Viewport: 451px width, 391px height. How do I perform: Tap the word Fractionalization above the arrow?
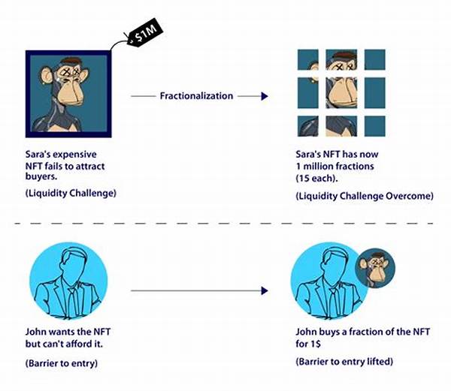tap(195, 96)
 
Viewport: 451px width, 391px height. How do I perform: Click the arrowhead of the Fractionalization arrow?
tap(264, 96)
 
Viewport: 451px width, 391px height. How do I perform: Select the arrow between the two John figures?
tap(198, 290)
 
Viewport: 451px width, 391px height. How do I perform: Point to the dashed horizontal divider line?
tap(225, 223)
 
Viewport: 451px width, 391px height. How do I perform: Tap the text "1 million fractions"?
tap(328, 166)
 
